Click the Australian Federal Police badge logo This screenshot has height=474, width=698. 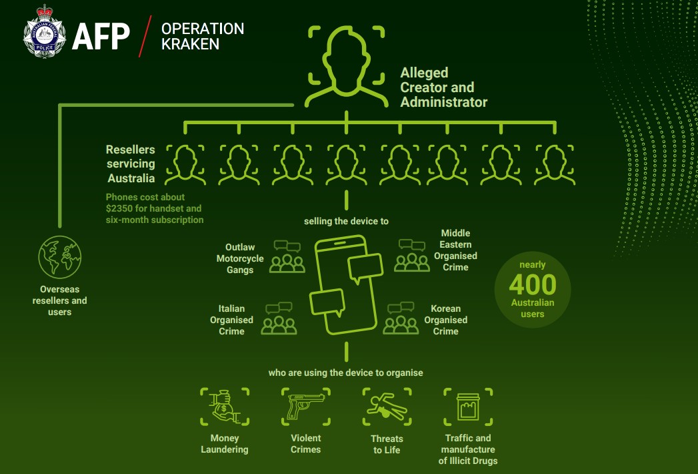pos(45,33)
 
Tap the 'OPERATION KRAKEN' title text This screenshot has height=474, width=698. pos(203,37)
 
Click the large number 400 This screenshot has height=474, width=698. pos(532,284)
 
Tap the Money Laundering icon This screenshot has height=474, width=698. pos(225,407)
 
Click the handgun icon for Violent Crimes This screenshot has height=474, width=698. pos(305,407)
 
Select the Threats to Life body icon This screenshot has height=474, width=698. pos(387,407)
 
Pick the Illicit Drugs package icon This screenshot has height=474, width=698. pos(468,407)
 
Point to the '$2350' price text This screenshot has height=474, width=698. pos(121,208)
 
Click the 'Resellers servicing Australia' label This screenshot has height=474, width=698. pos(131,164)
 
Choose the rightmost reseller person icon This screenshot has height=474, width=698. pos(554,164)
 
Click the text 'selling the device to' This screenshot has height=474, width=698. pos(346,221)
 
